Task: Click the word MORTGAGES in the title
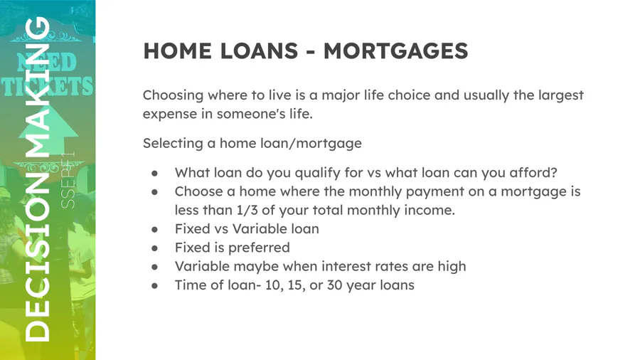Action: (x=395, y=51)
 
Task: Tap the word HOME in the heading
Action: (x=178, y=51)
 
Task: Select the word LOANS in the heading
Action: (x=259, y=51)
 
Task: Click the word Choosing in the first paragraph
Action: (x=173, y=95)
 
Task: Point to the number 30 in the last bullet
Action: (x=335, y=285)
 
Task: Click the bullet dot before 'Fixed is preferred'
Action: (x=155, y=248)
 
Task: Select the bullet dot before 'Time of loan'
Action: (x=155, y=286)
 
